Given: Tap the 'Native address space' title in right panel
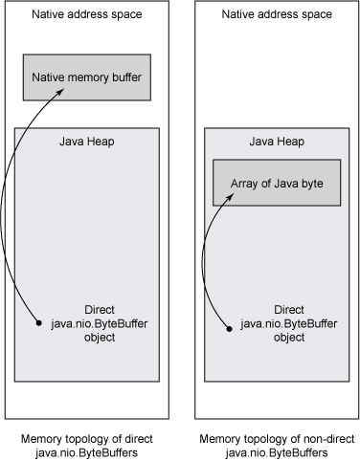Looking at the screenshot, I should [277, 15].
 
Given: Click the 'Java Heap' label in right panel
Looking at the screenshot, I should [277, 142].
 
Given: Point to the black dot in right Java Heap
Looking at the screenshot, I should [230, 327].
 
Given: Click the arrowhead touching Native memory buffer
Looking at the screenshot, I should [63, 90].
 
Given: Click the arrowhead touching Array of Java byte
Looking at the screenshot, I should [231, 196].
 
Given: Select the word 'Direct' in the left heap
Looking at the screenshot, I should [101, 310].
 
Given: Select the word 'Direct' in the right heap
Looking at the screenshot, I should [289, 310].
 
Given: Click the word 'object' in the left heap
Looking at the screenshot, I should [101, 339].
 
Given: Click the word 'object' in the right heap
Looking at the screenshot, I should [289, 339].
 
